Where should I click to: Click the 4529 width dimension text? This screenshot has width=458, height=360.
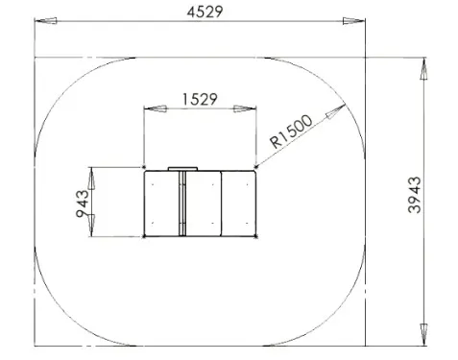click(205, 12)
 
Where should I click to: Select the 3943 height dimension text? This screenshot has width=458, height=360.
click(415, 195)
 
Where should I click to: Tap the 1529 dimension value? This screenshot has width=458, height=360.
click(200, 99)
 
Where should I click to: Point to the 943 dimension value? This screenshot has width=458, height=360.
click(82, 204)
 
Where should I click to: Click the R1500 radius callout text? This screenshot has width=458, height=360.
click(291, 132)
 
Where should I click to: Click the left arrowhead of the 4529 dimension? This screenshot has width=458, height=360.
click(46, 21)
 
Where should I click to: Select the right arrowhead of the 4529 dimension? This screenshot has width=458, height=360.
click(353, 21)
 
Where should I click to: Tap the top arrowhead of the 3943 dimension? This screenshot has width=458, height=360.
click(423, 68)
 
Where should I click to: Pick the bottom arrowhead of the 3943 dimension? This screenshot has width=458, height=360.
click(423, 334)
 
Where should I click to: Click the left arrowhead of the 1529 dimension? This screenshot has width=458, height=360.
click(156, 108)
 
